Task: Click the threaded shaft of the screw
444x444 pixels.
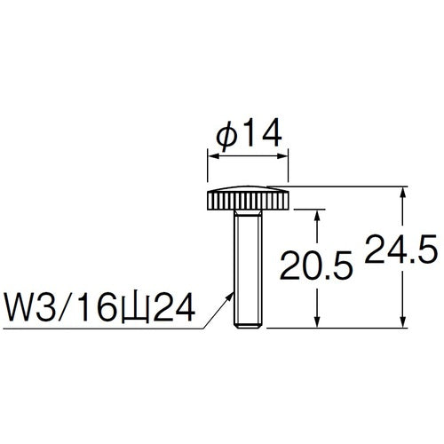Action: pyautogui.click(x=249, y=275)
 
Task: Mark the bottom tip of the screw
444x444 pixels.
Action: pyautogui.click(x=249, y=327)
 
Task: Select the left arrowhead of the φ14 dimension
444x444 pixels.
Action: pyautogui.click(x=211, y=156)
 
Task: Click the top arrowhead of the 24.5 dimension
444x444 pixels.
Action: pyautogui.click(x=405, y=192)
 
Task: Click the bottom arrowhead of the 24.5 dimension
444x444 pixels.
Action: pyautogui.click(x=405, y=323)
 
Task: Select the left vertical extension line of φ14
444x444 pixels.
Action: pyautogui.click(x=208, y=169)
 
